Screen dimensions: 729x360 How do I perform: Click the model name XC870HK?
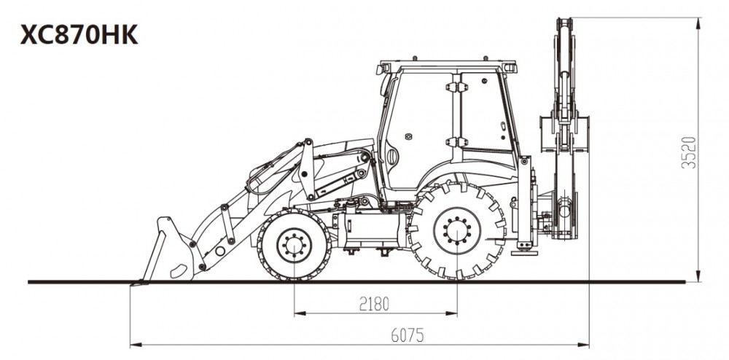[79, 35]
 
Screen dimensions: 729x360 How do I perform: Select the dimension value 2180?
[374, 304]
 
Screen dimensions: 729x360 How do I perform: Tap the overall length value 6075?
[408, 335]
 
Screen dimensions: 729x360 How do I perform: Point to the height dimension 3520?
[689, 152]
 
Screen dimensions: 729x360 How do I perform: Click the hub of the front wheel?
[295, 245]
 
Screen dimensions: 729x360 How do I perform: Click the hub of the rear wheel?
[457, 231]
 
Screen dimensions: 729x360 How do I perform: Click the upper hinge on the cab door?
[456, 87]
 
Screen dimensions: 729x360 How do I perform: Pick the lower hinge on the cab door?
[456, 142]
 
